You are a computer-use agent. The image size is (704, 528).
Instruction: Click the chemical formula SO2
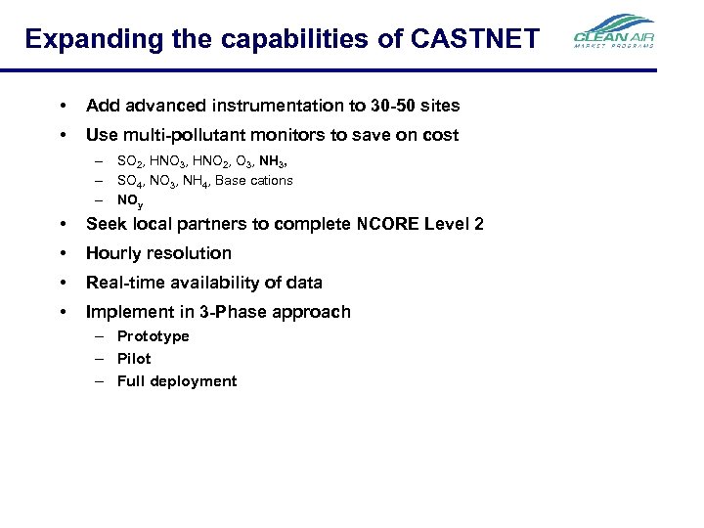click(x=129, y=159)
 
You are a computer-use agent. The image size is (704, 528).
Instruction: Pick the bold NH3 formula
click(x=273, y=159)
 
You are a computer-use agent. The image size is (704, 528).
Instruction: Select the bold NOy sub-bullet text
click(x=130, y=199)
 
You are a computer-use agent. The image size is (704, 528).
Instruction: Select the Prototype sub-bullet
click(x=154, y=336)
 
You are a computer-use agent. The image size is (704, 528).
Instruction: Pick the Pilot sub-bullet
click(x=134, y=359)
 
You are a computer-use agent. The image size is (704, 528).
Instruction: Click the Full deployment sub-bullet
click(x=177, y=381)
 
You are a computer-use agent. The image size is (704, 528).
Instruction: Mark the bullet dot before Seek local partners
click(x=63, y=224)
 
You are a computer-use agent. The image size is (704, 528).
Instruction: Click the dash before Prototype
click(x=101, y=336)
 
